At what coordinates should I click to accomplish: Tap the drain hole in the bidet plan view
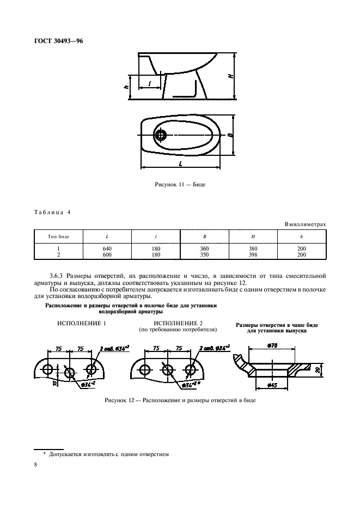click(x=162, y=135)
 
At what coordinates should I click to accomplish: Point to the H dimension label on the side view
click(x=231, y=76)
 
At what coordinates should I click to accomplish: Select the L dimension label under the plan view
click(x=179, y=163)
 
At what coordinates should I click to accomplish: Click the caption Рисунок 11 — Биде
click(x=180, y=184)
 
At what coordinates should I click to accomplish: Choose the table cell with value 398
click(x=253, y=254)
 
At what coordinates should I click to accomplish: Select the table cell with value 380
click(x=253, y=248)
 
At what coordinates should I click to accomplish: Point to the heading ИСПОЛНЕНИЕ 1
click(x=81, y=324)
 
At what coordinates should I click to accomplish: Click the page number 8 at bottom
click(x=36, y=465)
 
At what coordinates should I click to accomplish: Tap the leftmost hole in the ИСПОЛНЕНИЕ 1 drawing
click(x=48, y=369)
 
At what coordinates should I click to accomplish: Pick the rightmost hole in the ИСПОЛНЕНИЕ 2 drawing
click(x=190, y=369)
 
